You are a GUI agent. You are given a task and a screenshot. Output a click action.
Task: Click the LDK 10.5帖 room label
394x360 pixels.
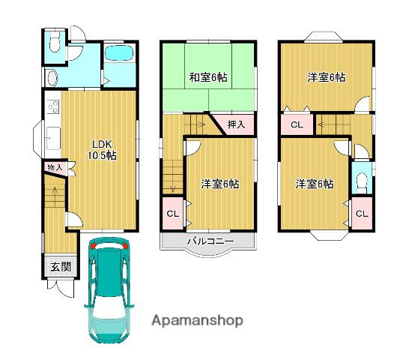pos(102,150)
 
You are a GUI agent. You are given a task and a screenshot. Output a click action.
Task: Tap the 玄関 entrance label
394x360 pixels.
pos(61,267)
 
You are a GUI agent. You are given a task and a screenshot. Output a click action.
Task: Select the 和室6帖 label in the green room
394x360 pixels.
pos(208,77)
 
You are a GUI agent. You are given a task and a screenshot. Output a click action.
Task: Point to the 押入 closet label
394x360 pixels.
pos(236,124)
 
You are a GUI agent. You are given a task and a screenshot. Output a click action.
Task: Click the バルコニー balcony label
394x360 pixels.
pos(211,241)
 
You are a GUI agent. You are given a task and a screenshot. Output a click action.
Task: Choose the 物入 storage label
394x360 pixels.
pos(55,167)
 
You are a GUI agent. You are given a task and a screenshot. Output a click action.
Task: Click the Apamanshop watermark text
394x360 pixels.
pos(197,321)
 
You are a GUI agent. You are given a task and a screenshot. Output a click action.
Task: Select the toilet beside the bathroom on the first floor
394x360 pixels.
pos(55,40)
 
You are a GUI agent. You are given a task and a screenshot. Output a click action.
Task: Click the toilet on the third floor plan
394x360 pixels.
pos(362,183)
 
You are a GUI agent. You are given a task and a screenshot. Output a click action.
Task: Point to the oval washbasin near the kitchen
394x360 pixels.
pos(52,78)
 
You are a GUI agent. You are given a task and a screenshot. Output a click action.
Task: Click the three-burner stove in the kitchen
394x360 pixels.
pos(53,107)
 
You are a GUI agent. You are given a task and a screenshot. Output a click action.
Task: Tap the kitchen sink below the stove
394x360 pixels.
pos(53,139)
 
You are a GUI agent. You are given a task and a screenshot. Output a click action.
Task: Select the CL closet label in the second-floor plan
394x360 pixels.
pos(173,214)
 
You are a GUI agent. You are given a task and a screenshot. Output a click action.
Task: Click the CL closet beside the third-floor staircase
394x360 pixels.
pos(297,124)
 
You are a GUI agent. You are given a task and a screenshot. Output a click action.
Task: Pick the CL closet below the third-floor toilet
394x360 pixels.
pos(362,213)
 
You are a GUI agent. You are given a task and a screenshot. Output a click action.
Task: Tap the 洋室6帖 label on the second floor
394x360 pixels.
pos(220,184)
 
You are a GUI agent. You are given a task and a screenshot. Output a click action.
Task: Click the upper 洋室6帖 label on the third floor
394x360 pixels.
pos(326,77)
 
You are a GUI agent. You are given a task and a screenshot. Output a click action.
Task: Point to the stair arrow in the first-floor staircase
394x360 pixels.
pos(54,190)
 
